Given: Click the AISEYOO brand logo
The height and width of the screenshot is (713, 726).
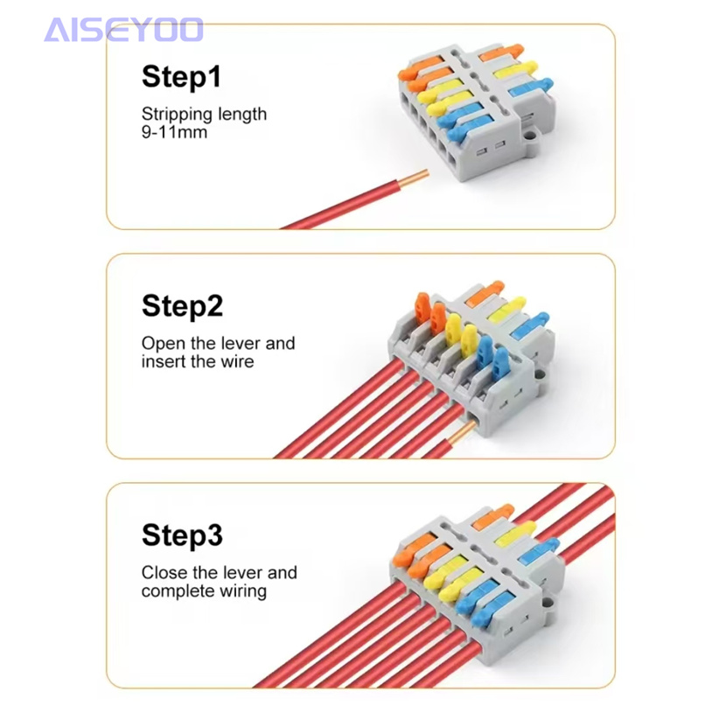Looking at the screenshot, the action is click(123, 30).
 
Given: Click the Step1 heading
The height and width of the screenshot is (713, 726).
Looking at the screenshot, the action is click(182, 76).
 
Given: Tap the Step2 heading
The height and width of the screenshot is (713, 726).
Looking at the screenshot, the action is click(183, 306).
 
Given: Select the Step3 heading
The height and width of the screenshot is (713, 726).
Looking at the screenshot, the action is click(183, 535).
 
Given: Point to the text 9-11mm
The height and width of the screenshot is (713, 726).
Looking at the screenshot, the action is click(175, 132).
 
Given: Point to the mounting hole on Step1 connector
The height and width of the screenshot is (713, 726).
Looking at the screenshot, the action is click(531, 136).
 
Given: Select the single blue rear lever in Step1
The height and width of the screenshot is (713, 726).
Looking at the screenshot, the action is click(532, 87).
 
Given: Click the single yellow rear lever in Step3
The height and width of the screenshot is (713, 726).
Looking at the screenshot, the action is click(516, 532).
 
